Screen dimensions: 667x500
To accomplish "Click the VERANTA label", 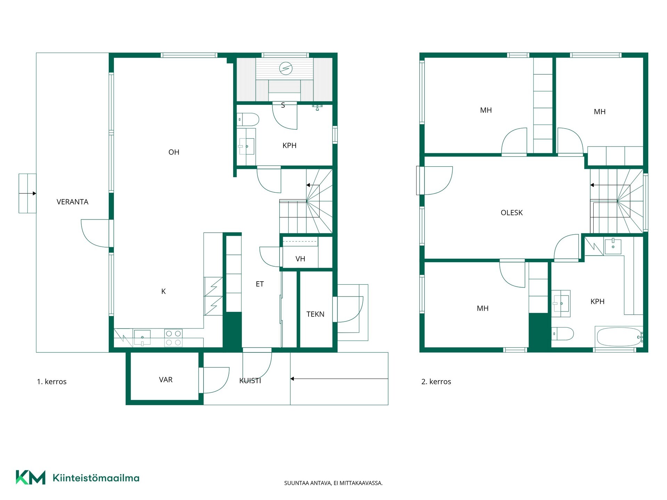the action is [72, 202].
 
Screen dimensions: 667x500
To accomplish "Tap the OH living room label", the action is [174, 152].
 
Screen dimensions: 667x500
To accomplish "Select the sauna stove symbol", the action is [286, 68].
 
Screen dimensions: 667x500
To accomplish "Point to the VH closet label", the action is [300, 259].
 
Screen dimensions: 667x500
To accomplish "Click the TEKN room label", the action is [315, 314].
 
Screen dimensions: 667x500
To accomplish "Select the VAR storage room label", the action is [166, 380].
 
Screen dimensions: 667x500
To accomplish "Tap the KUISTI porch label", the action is [250, 381].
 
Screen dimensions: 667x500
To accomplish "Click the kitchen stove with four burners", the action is [173, 338].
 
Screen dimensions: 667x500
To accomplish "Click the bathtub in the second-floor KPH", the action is [619, 336].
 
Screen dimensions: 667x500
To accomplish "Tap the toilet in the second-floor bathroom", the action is [562, 334].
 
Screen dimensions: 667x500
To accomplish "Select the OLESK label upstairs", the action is [511, 212].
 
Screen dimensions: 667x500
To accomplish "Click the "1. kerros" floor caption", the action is [52, 382].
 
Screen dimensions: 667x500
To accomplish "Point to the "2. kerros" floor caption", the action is [436, 382].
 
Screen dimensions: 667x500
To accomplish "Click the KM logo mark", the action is [31, 477].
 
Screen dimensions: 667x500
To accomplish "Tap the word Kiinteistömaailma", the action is [96, 478].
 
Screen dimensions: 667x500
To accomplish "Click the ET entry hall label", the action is [260, 284].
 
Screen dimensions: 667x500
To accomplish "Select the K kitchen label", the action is [163, 291].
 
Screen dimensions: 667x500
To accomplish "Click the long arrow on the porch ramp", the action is [339, 378].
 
